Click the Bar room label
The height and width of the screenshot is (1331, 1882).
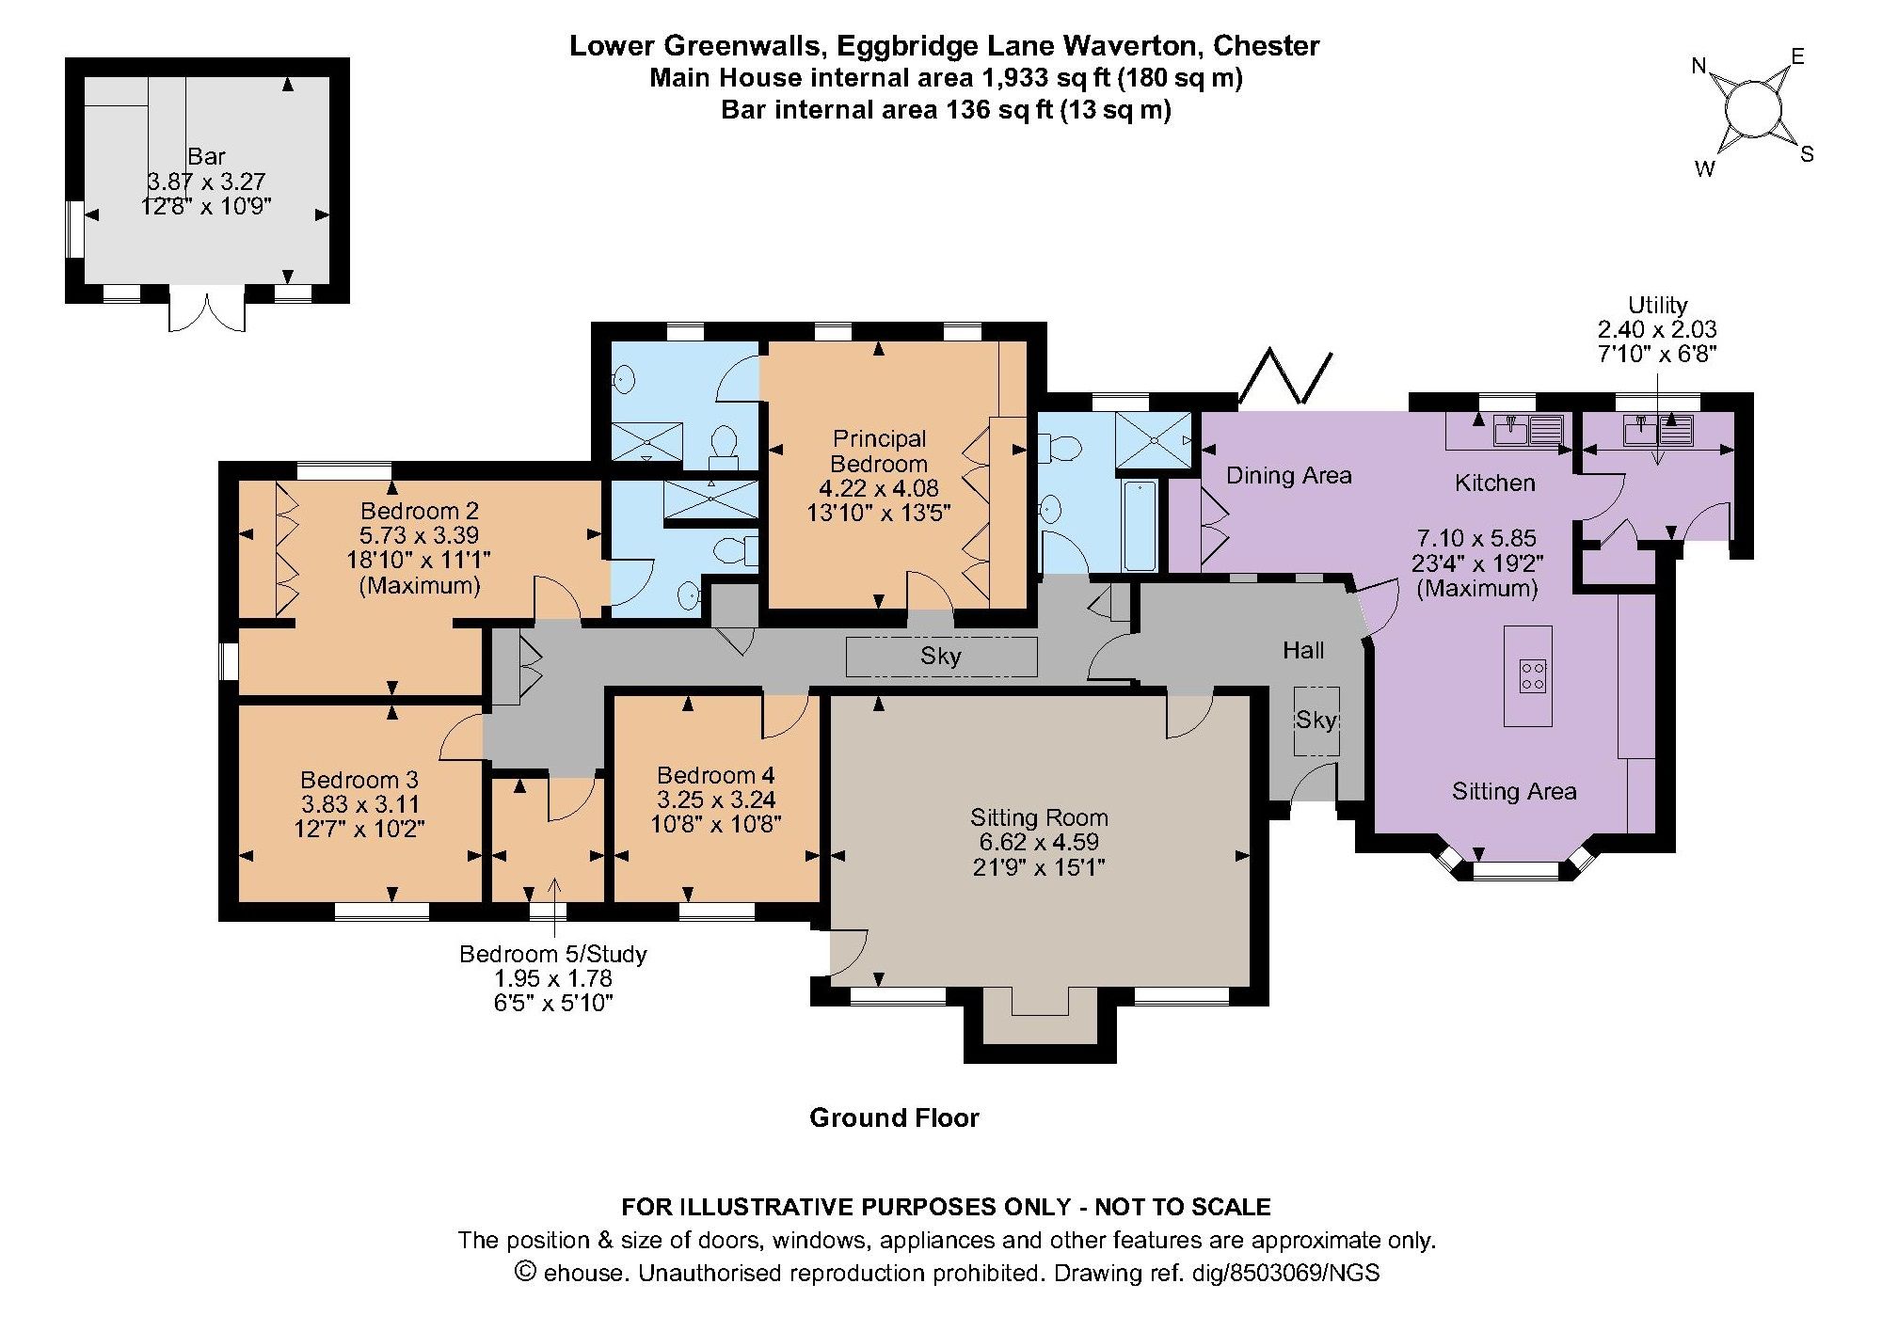pyautogui.click(x=206, y=156)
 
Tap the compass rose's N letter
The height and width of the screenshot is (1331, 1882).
pyautogui.click(x=1699, y=66)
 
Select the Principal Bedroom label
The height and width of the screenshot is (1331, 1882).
pyautogui.click(x=879, y=452)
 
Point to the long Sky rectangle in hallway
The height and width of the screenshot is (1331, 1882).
pyautogui.click(x=941, y=657)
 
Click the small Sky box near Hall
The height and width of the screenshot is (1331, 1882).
pyautogui.click(x=1316, y=721)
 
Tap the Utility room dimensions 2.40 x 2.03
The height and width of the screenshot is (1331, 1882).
pyautogui.click(x=1657, y=329)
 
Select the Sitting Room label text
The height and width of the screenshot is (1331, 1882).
pyautogui.click(x=1039, y=816)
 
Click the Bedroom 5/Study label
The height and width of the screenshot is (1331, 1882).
pyautogui.click(x=553, y=954)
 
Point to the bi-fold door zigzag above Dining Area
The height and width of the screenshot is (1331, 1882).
pyautogui.click(x=1285, y=376)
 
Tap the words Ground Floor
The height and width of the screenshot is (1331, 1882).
pyautogui.click(x=894, y=1117)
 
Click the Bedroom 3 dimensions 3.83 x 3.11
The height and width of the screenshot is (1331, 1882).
pyautogui.click(x=360, y=804)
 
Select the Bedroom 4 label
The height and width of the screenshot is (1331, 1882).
pyautogui.click(x=716, y=775)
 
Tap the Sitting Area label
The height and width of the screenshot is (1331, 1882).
pyautogui.click(x=1514, y=791)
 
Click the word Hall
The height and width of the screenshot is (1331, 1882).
pyautogui.click(x=1303, y=650)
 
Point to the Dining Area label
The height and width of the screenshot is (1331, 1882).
pyautogui.click(x=1288, y=475)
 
